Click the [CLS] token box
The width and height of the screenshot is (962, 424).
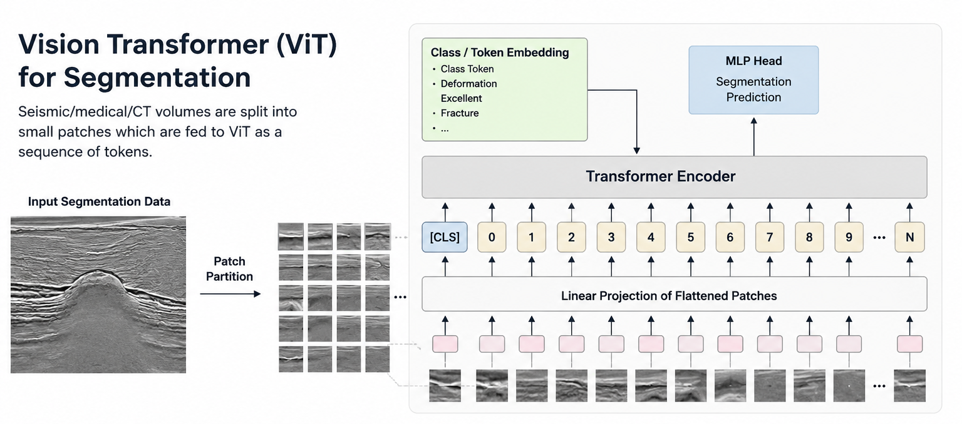pyautogui.click(x=445, y=237)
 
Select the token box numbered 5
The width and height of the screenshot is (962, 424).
pyautogui.click(x=691, y=237)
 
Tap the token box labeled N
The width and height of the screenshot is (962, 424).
pyautogui.click(x=909, y=237)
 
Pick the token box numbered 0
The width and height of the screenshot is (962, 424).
pyautogui.click(x=492, y=237)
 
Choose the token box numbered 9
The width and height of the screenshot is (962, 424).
pyautogui.click(x=849, y=237)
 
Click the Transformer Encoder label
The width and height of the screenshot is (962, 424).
pyautogui.click(x=661, y=176)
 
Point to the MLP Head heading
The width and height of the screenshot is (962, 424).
pyautogui.click(x=753, y=61)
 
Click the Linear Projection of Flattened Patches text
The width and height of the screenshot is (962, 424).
pyautogui.click(x=669, y=296)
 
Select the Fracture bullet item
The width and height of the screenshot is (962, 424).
pyautogui.click(x=460, y=113)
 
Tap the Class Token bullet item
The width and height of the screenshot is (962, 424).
pyautogui.click(x=467, y=69)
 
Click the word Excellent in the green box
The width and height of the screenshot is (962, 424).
pyautogui.click(x=461, y=98)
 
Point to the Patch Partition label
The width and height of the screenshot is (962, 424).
pyautogui.click(x=229, y=269)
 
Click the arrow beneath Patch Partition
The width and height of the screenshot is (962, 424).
pyautogui.click(x=230, y=294)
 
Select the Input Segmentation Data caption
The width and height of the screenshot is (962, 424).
pyautogui.click(x=99, y=201)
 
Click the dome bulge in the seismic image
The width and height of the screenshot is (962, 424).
pyautogui.click(x=97, y=285)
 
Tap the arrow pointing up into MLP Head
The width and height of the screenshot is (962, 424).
pyautogui.click(x=753, y=137)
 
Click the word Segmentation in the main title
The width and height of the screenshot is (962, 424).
pyautogui.click(x=157, y=78)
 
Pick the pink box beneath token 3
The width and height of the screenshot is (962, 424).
pyautogui.click(x=611, y=344)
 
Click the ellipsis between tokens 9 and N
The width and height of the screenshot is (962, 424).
pyautogui.click(x=879, y=238)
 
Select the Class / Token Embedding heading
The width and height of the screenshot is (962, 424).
pyautogui.click(x=499, y=53)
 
